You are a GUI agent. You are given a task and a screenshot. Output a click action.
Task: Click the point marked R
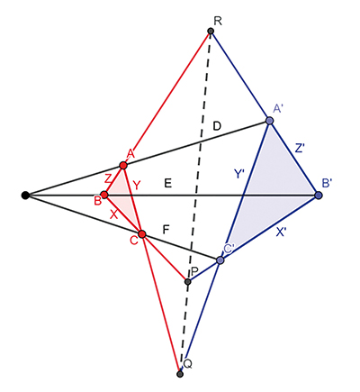(211, 31)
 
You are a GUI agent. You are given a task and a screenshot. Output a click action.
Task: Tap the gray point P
(188, 282)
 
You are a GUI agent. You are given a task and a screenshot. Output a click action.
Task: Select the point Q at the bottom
(180, 374)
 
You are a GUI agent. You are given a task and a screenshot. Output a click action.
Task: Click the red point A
(123, 165)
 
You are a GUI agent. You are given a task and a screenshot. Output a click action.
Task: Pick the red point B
(104, 195)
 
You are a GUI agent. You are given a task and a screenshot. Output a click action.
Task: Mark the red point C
(142, 234)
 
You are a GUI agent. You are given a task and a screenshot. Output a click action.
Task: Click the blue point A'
(269, 121)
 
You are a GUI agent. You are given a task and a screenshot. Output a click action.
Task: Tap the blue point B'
(319, 196)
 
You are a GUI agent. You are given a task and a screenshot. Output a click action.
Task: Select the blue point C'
(220, 260)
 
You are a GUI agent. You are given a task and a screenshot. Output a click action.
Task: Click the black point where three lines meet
(25, 196)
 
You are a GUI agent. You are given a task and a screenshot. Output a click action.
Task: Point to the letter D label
(217, 126)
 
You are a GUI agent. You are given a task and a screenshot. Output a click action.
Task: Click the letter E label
(167, 183)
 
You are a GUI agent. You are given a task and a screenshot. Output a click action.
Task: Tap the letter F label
(166, 230)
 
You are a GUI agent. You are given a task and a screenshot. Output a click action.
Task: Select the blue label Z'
(300, 149)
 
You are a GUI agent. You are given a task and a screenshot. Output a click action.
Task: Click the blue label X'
(281, 232)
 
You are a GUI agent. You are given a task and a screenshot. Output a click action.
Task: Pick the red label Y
(136, 186)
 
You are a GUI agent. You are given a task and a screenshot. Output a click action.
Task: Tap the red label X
(113, 214)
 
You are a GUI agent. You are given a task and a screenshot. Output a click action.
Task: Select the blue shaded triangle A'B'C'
(269, 192)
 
